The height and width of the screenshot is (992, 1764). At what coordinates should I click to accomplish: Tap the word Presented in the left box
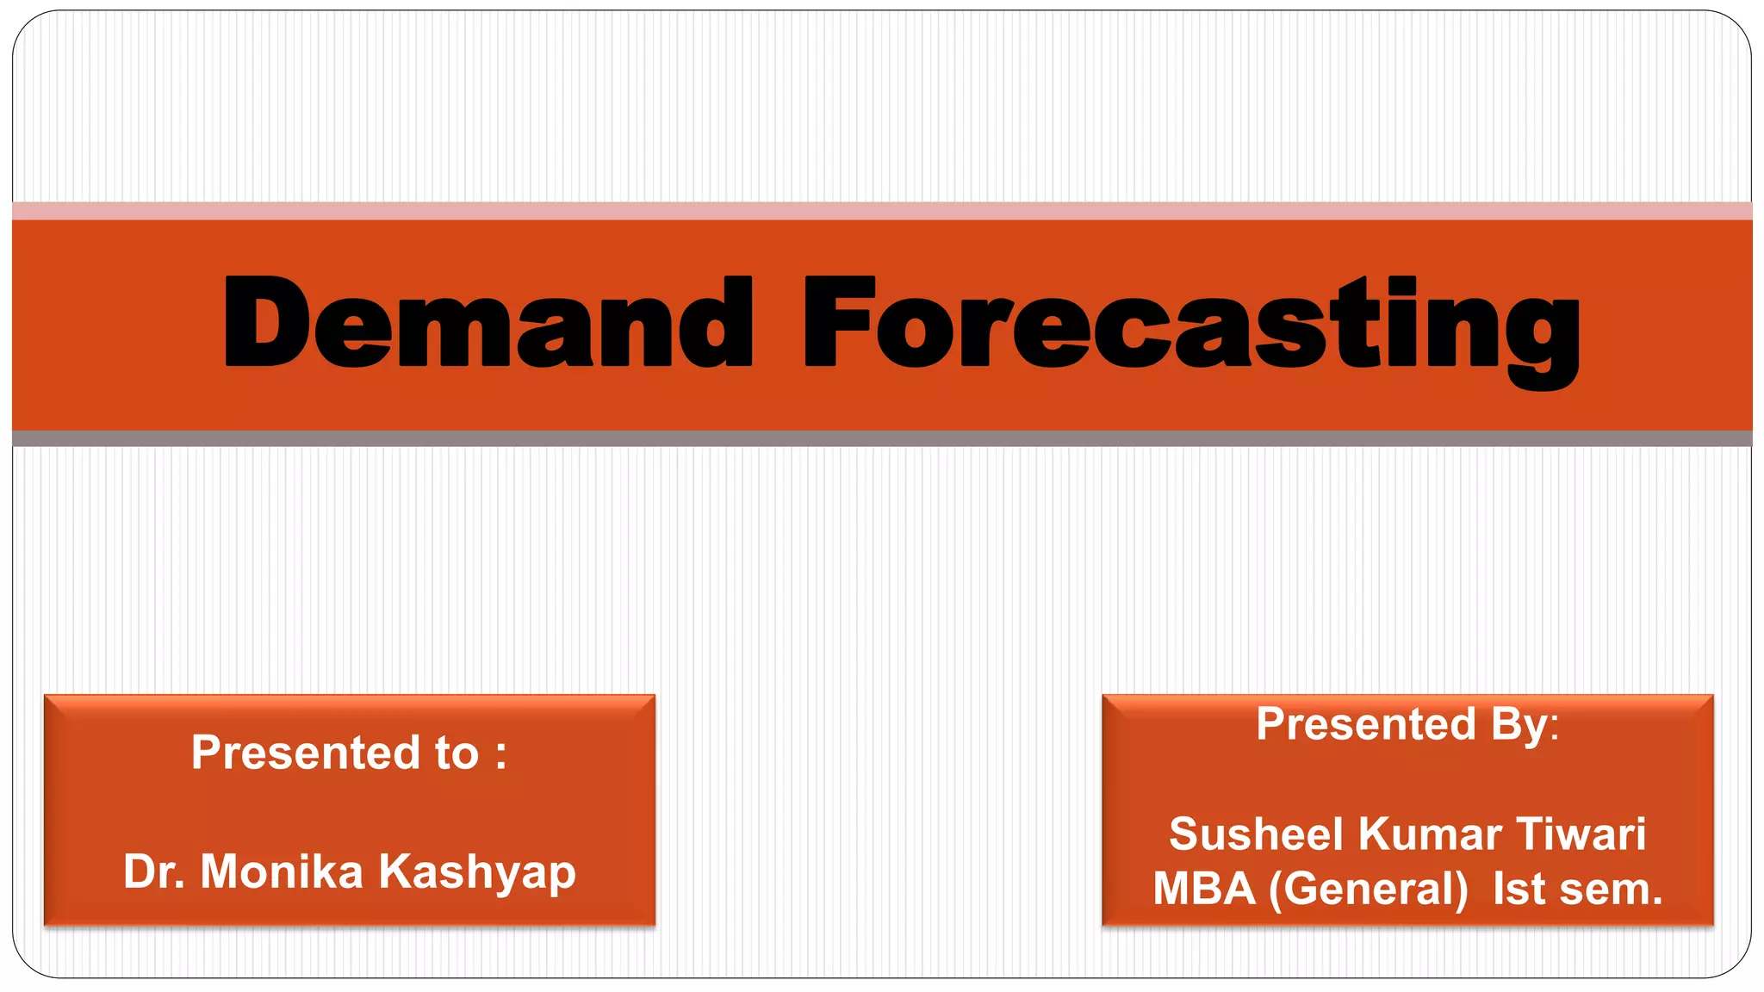(306, 753)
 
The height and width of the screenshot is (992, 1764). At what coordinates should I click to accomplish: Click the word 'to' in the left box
(457, 753)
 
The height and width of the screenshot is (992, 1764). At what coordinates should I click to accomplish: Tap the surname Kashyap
(477, 873)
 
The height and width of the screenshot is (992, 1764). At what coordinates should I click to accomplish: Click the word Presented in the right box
(1366, 723)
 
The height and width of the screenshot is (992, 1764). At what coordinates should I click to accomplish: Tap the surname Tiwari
(1581, 834)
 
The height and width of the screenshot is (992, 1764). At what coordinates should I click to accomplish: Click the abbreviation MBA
(1204, 889)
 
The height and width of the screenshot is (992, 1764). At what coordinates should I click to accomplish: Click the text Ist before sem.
(1519, 889)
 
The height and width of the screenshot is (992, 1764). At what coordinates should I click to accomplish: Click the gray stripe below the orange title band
(882, 438)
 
